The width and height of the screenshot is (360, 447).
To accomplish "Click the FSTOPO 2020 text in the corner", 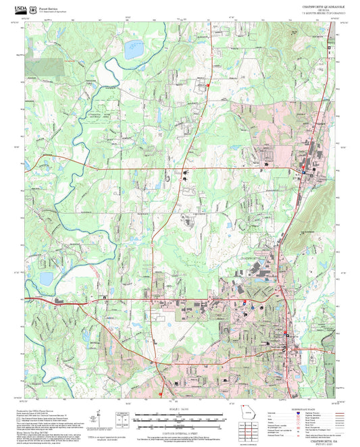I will point(321,443).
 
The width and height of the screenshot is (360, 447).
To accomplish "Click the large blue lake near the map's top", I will point(132,48).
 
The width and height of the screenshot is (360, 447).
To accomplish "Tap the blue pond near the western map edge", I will point(46,278).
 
